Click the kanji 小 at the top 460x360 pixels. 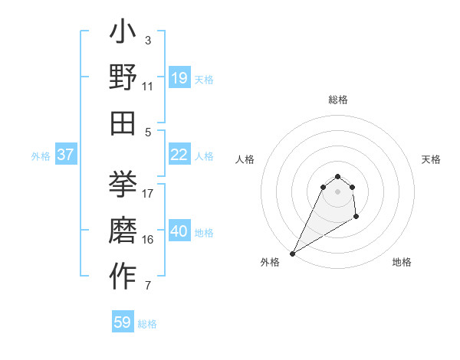123,35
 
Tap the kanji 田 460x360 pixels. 123,123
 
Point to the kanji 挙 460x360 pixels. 123,185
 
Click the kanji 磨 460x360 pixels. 123,231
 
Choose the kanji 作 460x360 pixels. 123,277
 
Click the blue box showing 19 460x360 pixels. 179,78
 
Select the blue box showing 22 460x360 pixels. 179,155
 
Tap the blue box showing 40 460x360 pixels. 179,231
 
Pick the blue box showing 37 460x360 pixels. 65,155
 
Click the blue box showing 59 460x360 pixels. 123,322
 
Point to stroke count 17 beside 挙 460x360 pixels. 148,193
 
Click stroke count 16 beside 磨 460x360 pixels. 148,240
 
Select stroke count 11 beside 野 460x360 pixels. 148,87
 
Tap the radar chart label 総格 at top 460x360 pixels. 337,100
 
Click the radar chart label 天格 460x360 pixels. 431,159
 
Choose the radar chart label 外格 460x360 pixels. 270,262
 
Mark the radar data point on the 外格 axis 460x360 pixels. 292,254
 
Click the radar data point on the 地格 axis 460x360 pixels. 356,218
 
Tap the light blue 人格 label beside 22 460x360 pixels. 204,155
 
